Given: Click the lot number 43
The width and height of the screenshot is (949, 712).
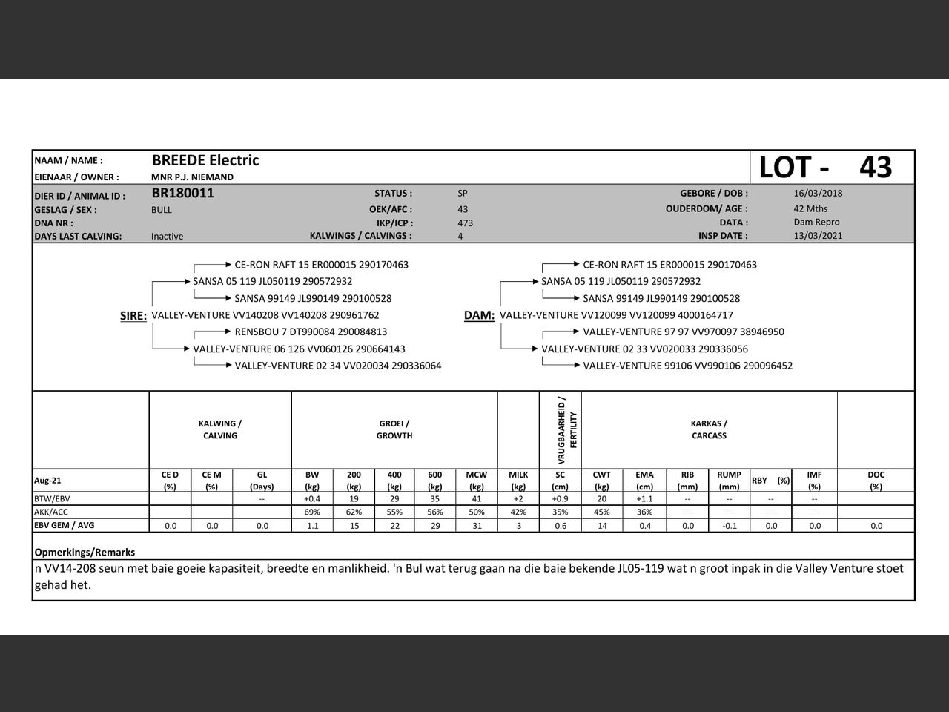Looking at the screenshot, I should (x=876, y=168).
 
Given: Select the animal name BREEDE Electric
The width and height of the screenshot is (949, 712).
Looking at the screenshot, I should (x=205, y=160).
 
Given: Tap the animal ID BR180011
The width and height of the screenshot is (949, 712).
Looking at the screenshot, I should (x=182, y=194).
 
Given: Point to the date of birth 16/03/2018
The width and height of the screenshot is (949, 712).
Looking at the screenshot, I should (x=818, y=194).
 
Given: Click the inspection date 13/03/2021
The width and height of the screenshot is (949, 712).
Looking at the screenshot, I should (x=818, y=236).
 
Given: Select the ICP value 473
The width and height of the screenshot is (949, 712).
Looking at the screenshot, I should (x=465, y=222).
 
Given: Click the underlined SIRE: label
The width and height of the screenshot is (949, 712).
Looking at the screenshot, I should (x=133, y=316).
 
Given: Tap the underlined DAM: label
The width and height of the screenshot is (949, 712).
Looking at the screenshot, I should (x=479, y=316).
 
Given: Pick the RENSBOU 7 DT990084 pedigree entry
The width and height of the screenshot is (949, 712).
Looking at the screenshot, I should (x=311, y=332).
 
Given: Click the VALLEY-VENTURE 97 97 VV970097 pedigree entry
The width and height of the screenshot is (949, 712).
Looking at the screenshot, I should (x=683, y=332).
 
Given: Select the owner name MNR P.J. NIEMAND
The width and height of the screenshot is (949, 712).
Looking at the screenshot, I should (x=192, y=177).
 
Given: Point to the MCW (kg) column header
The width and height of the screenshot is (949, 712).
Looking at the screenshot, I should (x=477, y=481).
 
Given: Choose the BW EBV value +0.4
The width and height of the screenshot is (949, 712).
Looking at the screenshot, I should (x=312, y=499).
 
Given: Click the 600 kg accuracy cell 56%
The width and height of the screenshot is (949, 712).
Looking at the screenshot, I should (x=435, y=512).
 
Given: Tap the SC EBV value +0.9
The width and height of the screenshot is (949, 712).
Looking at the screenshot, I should (x=560, y=499).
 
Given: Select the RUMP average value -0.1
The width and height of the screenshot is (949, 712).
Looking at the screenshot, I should (x=729, y=526).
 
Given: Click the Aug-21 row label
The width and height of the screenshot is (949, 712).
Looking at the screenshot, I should (x=47, y=481).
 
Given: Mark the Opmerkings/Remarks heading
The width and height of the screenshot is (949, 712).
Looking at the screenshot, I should (x=85, y=553).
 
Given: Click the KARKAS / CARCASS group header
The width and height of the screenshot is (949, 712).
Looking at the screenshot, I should (x=709, y=430).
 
